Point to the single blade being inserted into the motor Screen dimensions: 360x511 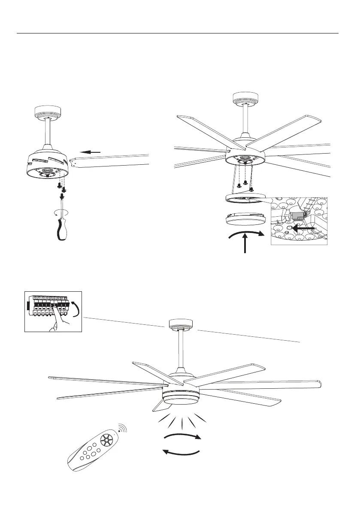point(112,161)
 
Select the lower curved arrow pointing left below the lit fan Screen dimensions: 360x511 point(182,452)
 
